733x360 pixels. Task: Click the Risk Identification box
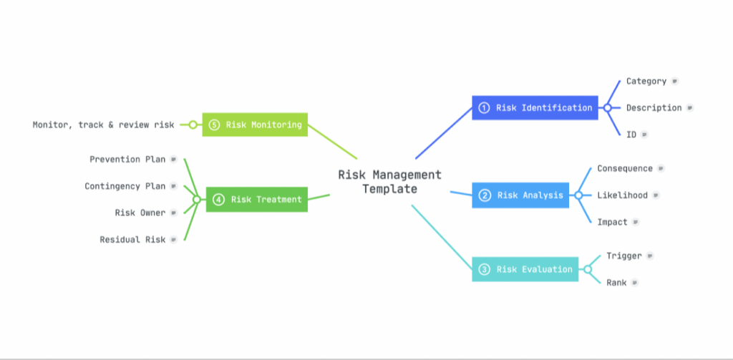point(535,108)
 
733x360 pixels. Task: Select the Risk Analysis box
point(520,195)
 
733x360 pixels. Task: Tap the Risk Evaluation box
point(525,269)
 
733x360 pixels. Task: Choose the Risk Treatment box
point(257,200)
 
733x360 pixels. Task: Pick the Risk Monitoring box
point(255,125)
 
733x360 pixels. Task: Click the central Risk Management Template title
point(390,182)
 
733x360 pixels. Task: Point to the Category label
point(646,82)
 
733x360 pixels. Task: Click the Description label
point(654,108)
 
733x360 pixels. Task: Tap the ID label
point(631,135)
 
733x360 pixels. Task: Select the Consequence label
point(624,168)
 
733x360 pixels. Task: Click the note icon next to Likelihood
point(656,195)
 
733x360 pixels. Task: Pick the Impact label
point(613,222)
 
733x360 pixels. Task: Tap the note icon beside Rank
point(634,283)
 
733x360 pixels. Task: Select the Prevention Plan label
point(127,160)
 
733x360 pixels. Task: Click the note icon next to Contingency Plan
point(174,186)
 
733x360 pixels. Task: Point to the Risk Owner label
point(140,213)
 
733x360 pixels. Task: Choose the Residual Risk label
point(132,240)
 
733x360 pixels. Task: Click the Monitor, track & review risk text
point(103,125)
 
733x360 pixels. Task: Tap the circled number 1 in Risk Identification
point(485,108)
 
